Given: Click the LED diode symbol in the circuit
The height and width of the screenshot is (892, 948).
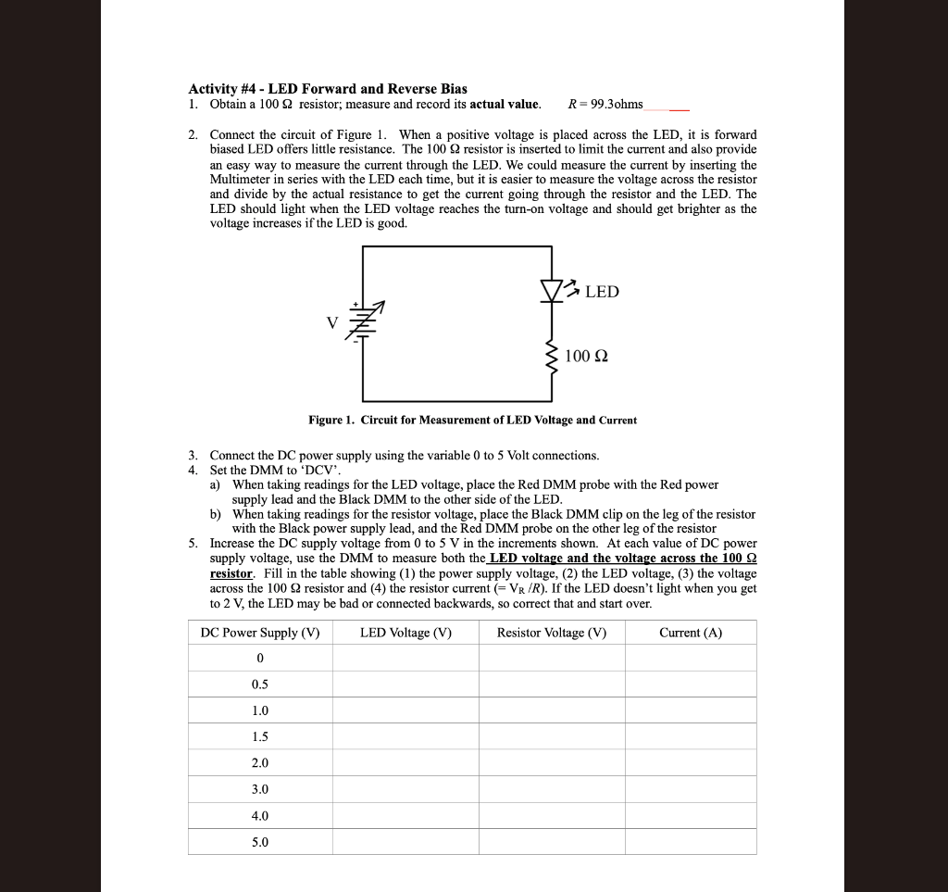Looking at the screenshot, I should pos(553,291).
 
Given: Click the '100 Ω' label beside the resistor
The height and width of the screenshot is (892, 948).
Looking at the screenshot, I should pos(586,357).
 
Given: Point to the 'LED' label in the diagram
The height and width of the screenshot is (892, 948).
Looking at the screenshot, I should pos(602,292).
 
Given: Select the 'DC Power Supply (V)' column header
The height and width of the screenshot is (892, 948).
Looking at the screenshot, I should pos(260,633).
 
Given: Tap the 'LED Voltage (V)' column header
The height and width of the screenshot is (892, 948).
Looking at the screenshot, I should pos(405,633).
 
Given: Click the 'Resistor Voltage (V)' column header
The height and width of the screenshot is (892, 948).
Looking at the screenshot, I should pos(552,633).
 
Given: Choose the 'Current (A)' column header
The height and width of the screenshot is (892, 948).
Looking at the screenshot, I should pos(691,633).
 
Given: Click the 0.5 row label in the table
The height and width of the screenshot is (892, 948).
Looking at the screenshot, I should pos(260,685).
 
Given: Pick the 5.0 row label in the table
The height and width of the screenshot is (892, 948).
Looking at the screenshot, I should pos(260,842).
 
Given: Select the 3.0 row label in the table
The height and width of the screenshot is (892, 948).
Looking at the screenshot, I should pos(260,789).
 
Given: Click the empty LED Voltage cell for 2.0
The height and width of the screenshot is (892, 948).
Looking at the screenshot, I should pos(405,763).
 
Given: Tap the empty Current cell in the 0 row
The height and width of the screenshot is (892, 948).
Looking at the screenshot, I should pos(691,658).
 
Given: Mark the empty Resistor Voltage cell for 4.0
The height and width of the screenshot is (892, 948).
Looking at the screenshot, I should pos(552,816).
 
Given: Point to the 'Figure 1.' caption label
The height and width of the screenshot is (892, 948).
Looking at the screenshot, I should pos(331,421).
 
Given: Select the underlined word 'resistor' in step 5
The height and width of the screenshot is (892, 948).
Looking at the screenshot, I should pos(231,573).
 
